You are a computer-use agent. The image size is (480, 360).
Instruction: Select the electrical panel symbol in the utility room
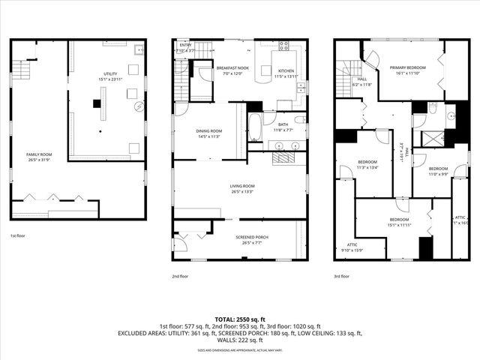(x=137, y=106)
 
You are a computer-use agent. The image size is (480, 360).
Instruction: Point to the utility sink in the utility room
(x=139, y=50)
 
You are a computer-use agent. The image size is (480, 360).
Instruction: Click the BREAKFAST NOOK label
(x=232, y=67)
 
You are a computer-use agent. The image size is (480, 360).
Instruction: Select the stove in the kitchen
(x=284, y=46)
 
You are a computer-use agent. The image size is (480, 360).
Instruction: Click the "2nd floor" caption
(x=179, y=276)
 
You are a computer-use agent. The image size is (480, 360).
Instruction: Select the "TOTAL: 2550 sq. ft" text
(x=239, y=319)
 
